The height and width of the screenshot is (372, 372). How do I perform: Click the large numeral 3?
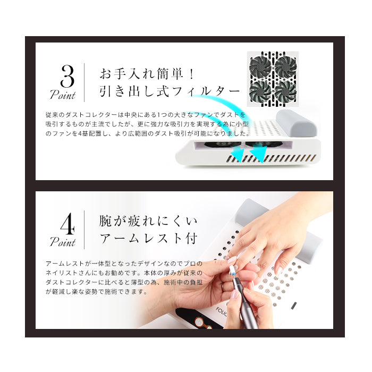click(67, 77)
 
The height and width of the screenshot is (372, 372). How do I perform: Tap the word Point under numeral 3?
click(63, 96)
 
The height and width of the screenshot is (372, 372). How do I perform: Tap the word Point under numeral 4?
click(63, 243)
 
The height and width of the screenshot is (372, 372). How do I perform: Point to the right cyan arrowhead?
click(258, 154)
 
